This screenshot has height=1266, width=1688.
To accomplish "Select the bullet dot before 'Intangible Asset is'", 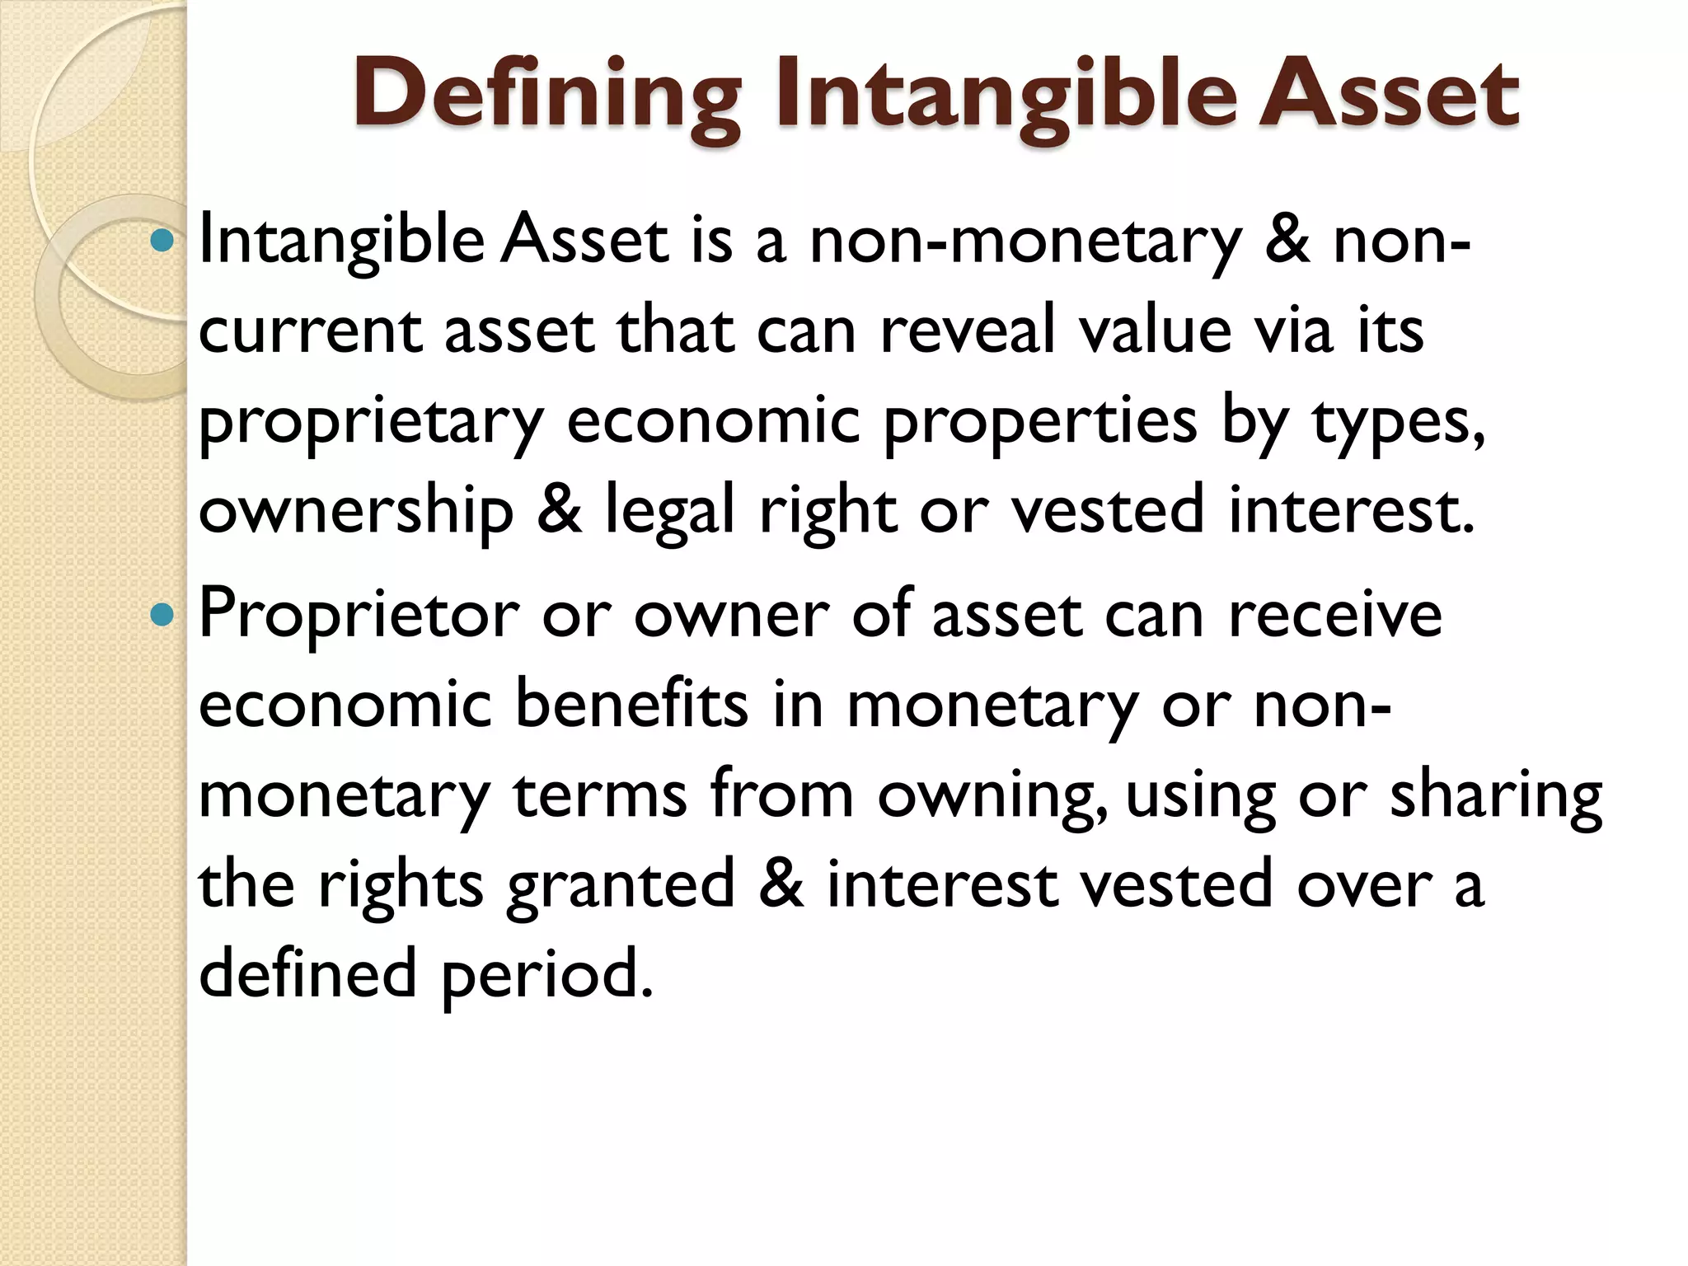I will click(163, 241).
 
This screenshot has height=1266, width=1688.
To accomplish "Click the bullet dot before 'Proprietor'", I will click(163, 615).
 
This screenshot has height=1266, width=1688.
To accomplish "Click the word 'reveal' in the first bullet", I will click(968, 331).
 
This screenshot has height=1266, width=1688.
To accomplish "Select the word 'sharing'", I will click(1496, 795).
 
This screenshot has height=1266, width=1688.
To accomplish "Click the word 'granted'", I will click(620, 884).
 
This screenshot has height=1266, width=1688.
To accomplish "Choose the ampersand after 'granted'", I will click(781, 883).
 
